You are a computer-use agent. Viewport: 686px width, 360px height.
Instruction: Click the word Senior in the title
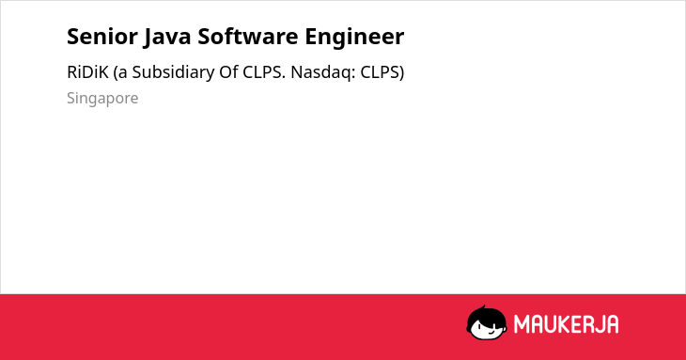[101, 37]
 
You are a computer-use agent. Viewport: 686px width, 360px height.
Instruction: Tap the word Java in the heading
[166, 37]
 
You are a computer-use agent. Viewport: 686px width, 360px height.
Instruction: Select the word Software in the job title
[248, 37]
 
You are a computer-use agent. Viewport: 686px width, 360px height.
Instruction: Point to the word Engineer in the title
[354, 38]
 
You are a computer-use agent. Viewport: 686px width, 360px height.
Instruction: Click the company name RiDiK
[87, 72]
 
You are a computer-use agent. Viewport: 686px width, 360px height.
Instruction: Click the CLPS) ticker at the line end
[382, 72]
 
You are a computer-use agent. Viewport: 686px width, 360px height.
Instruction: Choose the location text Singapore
[102, 99]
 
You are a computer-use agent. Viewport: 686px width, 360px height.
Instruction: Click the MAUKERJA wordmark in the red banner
[566, 324]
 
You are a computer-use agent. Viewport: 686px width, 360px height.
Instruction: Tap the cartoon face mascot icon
[487, 323]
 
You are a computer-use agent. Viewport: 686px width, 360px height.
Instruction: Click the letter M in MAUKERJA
[522, 324]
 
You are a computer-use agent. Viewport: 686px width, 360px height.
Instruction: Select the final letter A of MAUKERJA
[613, 324]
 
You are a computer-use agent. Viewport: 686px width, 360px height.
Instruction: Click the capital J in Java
[148, 38]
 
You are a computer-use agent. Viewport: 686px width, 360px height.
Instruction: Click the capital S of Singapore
[71, 98]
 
